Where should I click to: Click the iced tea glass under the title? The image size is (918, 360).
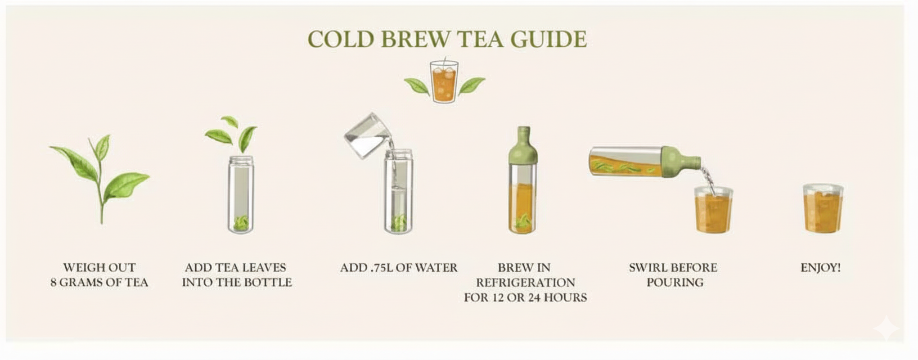tap(444, 82)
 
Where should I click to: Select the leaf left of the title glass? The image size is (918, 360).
tap(417, 86)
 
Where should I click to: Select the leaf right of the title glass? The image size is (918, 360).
tap(471, 85)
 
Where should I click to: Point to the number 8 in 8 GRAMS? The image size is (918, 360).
tap(53, 282)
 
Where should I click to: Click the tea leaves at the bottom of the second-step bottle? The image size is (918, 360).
tap(241, 223)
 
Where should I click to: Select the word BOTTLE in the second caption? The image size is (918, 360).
tap(272, 282)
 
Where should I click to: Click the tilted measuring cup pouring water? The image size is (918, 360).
tap(367, 135)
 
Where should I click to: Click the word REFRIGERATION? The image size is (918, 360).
tap(525, 282)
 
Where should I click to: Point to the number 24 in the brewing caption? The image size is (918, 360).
tap(534, 298)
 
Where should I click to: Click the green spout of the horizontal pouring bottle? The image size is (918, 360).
tap(682, 162)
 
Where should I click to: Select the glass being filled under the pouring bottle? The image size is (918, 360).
tap(713, 210)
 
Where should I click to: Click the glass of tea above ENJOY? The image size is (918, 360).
tap(822, 208)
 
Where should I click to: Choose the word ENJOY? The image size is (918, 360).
tap(821, 268)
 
